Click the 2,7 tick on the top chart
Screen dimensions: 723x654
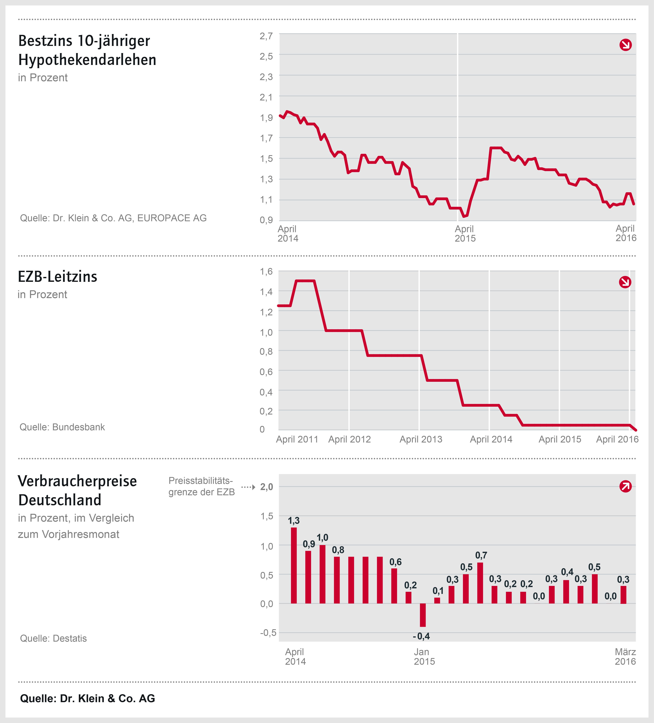(266, 36)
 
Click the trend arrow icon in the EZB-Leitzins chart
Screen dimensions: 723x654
(625, 282)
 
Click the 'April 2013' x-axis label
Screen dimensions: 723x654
(421, 439)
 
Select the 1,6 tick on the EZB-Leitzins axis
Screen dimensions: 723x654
(266, 272)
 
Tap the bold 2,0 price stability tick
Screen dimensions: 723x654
(267, 487)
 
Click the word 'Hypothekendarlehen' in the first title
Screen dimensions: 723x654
(87, 60)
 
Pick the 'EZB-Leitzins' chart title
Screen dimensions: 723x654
(57, 276)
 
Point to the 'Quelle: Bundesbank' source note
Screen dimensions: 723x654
(62, 427)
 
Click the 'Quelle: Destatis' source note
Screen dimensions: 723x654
(53, 638)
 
